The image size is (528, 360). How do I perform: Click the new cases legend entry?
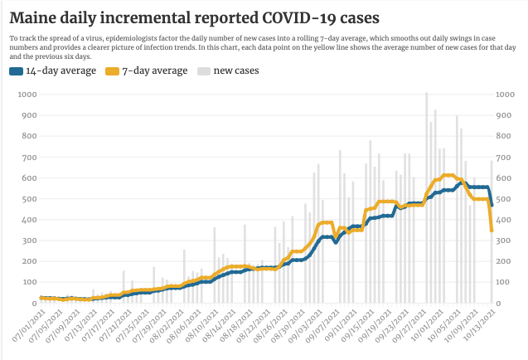click(236, 71)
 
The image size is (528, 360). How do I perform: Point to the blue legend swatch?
click(16, 71)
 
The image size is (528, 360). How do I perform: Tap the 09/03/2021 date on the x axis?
click(307, 326)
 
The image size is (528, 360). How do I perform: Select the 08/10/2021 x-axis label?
click(201, 326)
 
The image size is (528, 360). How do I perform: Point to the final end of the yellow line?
click(492, 231)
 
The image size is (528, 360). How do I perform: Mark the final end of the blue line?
click(492, 205)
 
